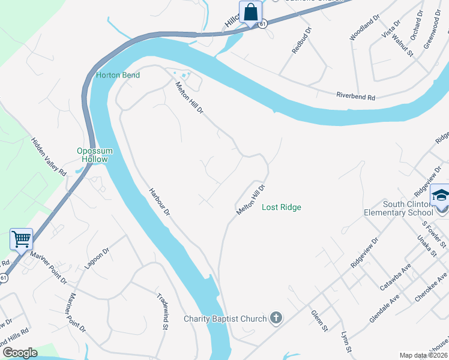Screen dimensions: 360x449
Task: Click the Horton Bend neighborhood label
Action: point(118,75)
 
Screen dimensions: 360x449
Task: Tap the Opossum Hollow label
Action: point(92,155)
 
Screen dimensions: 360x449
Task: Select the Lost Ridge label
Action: point(282,207)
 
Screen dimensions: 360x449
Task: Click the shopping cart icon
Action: point(21,239)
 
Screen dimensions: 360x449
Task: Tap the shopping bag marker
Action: point(250,11)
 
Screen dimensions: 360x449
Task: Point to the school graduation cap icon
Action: point(441,196)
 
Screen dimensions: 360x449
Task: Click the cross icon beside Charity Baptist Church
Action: point(276,317)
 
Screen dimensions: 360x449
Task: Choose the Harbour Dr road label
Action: point(160,203)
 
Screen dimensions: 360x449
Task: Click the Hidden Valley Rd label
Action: point(49,156)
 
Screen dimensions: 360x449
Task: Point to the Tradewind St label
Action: point(161,311)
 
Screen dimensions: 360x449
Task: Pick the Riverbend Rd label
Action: point(355,96)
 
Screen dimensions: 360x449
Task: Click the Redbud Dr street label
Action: point(303,40)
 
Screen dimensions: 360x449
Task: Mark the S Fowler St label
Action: point(434,235)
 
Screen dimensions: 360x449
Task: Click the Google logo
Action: point(19,352)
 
